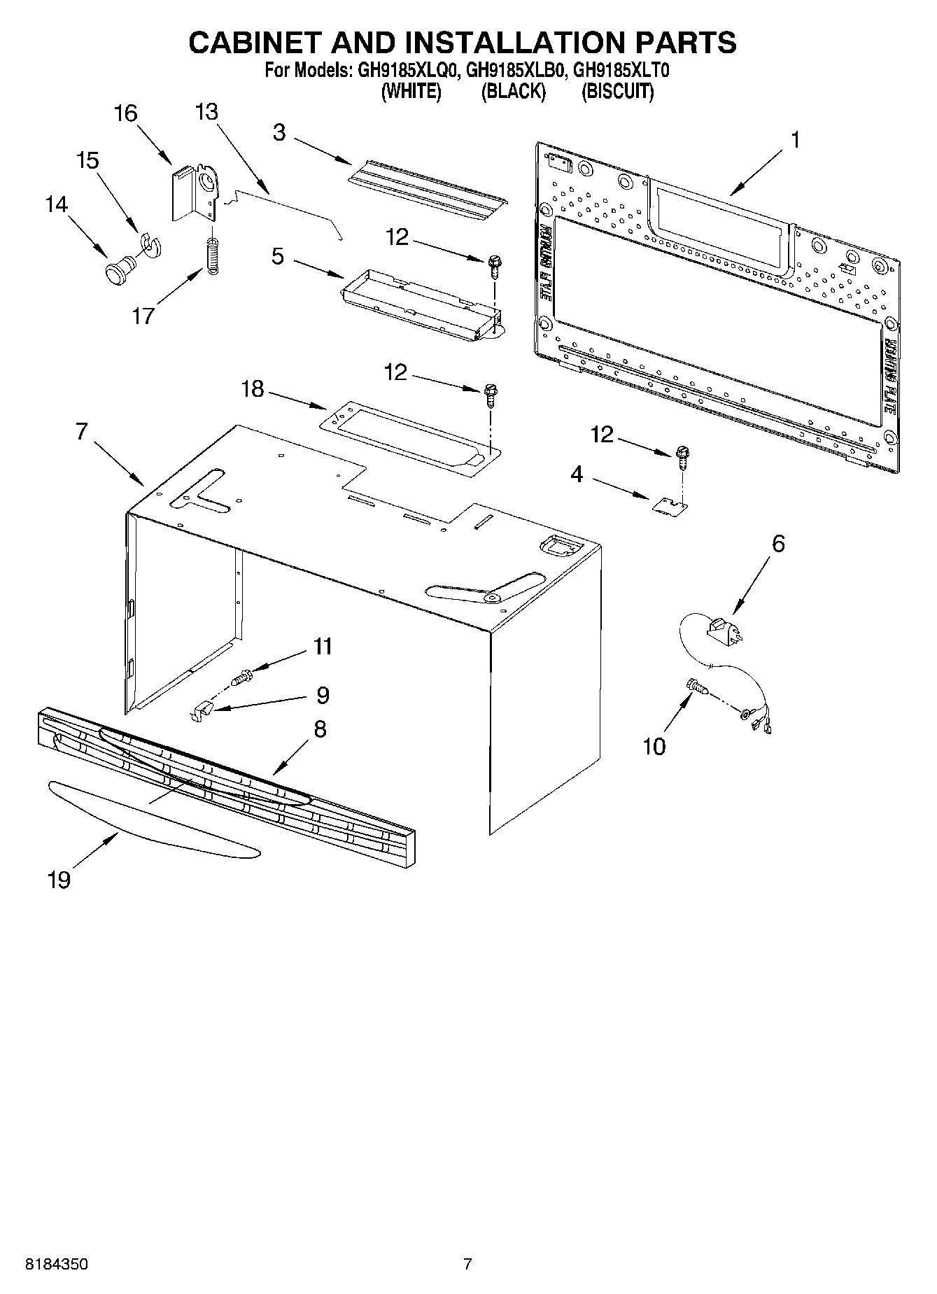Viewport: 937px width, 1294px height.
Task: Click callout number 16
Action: click(x=126, y=113)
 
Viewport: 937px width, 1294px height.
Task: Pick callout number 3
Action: click(x=279, y=132)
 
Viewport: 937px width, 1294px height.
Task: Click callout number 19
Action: click(x=59, y=879)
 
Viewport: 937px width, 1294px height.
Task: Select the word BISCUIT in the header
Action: click(x=618, y=92)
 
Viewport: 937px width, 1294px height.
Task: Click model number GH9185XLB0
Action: click(x=514, y=71)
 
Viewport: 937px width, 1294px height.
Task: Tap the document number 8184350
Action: click(x=56, y=1264)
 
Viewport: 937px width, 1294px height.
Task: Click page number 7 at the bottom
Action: click(x=467, y=1264)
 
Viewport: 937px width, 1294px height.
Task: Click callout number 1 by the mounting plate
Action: click(x=794, y=140)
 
